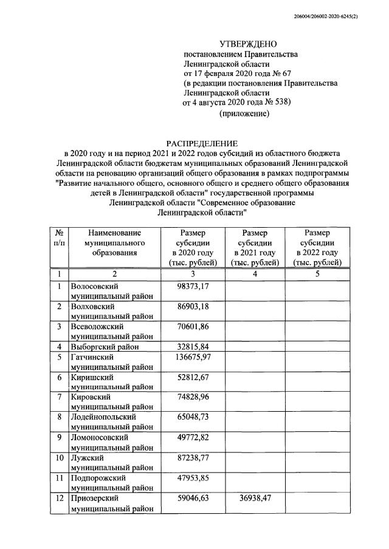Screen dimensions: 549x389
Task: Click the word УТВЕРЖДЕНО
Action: pos(248,44)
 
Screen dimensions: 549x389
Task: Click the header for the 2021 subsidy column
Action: pos(254,248)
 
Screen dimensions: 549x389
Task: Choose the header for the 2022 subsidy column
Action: pos(317,248)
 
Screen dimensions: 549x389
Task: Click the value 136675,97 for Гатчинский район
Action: pos(194,357)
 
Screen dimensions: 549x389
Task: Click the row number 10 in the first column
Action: pos(60,457)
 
